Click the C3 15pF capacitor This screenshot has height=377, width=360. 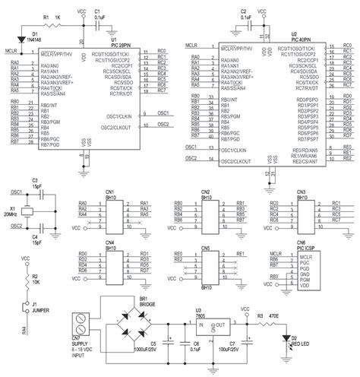pos(36,193)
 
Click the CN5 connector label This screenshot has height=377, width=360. pos(204,249)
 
